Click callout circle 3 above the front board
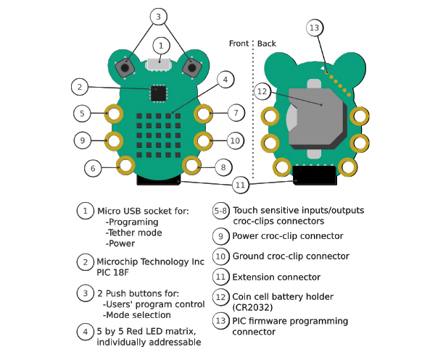point(159,17)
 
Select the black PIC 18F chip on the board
point(158,93)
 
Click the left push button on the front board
point(125,68)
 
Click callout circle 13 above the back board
point(314,28)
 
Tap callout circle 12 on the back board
point(262,91)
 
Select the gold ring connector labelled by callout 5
point(113,113)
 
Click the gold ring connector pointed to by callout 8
point(191,166)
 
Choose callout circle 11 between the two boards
point(244,185)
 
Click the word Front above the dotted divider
point(238,43)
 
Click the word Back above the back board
point(266,43)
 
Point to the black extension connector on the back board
point(315,175)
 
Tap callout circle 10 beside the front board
point(234,140)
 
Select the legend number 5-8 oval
point(220,211)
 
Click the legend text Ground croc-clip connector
point(290,256)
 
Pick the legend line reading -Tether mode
point(134,233)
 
